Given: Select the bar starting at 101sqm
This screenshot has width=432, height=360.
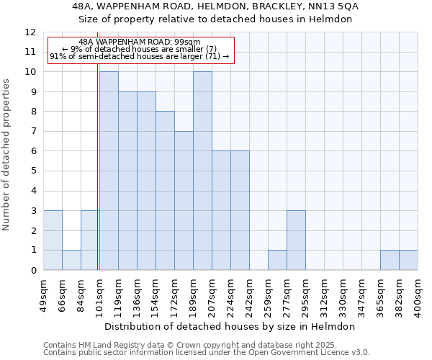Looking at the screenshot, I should click(109, 171).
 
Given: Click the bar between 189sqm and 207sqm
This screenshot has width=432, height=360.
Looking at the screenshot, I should click(202, 171).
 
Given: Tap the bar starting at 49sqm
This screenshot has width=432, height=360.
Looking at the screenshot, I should click(53, 240).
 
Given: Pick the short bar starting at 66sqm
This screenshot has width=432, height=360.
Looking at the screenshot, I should click(71, 260).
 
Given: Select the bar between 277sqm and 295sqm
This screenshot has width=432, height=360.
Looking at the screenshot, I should click(296, 240).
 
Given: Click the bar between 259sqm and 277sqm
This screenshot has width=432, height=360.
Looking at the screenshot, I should click(277, 260).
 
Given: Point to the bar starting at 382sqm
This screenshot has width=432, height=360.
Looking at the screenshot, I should click(408, 260).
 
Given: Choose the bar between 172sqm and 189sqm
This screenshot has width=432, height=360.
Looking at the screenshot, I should click(184, 200).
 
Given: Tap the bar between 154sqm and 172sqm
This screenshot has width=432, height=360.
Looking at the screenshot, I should click(165, 191).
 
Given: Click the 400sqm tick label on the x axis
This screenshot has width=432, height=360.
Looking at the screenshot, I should click(418, 296).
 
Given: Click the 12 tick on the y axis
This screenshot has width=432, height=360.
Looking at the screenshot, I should click(30, 32).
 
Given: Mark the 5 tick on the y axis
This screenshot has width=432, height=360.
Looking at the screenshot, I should click(33, 171).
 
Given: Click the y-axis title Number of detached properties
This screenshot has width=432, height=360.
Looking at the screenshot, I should click(6, 155).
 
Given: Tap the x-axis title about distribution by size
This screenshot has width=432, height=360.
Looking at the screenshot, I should click(230, 326).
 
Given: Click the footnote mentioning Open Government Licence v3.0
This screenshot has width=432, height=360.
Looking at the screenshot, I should click(207, 353).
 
